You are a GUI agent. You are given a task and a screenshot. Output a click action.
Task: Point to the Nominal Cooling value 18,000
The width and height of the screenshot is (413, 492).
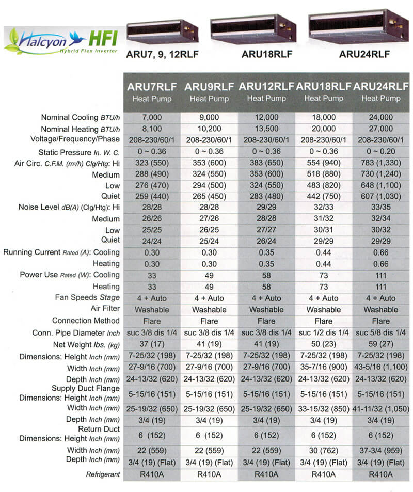click(x=324, y=118)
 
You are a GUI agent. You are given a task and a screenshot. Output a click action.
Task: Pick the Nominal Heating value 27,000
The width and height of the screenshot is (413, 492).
click(x=380, y=129)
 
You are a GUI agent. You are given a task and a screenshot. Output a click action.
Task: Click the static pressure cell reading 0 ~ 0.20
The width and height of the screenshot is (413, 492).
click(x=380, y=151)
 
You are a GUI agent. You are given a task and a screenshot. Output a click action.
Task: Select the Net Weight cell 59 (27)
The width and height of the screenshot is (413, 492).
click(x=380, y=345)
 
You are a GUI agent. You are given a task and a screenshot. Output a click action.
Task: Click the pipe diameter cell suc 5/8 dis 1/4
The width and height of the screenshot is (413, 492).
click(x=380, y=333)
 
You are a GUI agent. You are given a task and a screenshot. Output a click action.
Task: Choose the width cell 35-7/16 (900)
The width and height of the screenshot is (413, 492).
click(x=324, y=368)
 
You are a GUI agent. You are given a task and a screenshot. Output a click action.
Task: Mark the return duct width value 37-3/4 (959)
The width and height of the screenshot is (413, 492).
click(x=380, y=450)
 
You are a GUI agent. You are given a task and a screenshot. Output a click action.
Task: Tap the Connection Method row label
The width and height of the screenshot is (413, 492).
click(x=86, y=321)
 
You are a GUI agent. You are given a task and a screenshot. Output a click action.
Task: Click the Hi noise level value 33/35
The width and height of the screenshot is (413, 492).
click(x=380, y=208)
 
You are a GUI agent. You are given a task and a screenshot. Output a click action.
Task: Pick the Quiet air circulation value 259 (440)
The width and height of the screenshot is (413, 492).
click(x=152, y=196)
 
